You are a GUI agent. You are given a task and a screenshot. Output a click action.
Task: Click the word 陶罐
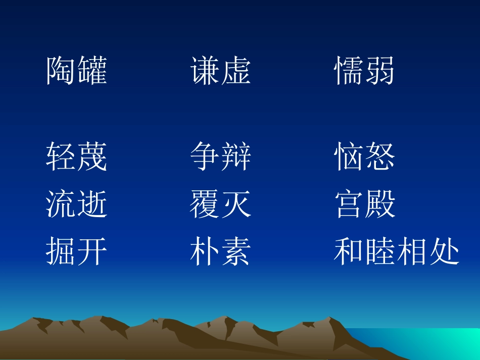point(77,71)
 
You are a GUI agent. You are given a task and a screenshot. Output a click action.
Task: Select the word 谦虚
point(221,71)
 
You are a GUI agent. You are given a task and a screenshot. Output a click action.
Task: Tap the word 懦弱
point(364,71)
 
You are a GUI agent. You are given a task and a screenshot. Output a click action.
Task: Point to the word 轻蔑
point(77,157)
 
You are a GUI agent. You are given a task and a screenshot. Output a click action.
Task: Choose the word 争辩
point(221,157)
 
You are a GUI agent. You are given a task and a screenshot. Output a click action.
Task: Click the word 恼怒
point(364,157)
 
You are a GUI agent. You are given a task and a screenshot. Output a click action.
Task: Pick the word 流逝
point(77,204)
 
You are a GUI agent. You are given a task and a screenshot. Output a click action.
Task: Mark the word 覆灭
point(221,204)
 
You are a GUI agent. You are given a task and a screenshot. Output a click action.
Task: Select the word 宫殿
point(364,204)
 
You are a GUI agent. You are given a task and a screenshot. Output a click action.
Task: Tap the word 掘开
point(77,252)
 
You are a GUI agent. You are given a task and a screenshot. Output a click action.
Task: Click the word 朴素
point(221,252)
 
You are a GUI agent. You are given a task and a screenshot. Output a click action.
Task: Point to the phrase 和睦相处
point(397,252)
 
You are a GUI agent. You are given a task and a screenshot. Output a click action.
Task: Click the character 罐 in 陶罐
point(92,71)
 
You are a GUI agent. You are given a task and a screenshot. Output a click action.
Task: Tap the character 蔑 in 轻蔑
point(92,157)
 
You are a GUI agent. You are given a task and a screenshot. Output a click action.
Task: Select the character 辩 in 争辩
point(236,157)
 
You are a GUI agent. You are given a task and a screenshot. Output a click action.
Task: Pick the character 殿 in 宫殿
point(380,204)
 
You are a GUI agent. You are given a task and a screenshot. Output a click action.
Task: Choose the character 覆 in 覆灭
point(205,204)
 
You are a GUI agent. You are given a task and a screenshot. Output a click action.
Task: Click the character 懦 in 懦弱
point(349,71)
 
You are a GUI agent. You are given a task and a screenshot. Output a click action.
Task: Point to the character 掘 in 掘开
point(61,252)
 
